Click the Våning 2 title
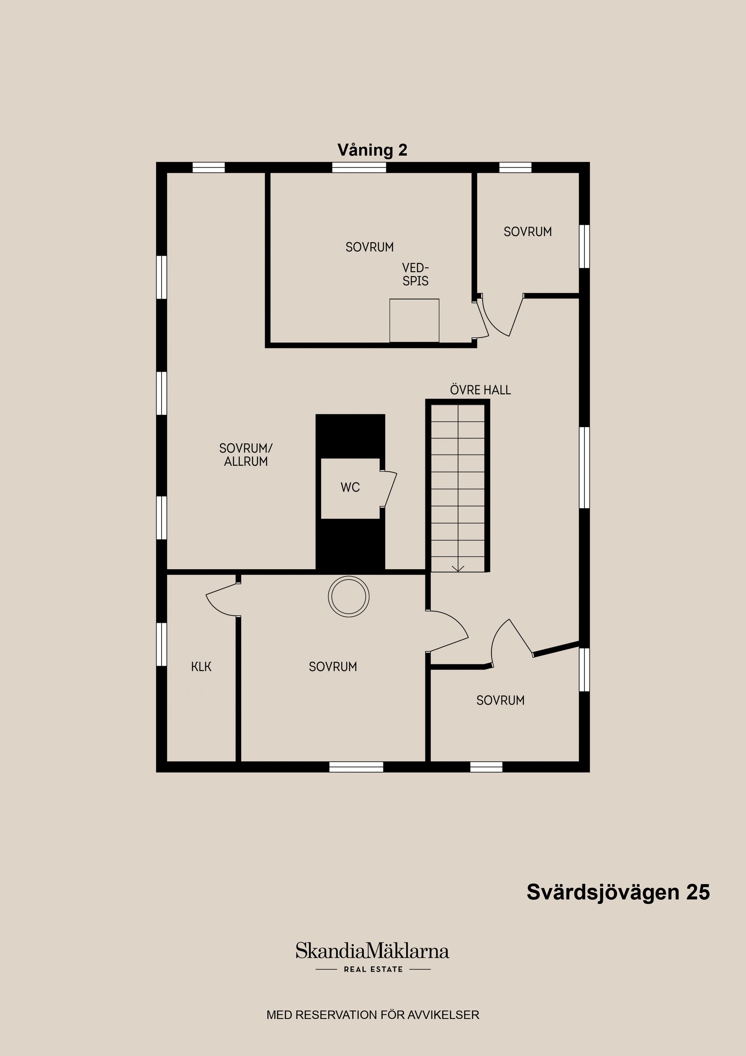pos(372,150)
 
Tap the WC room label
pos(350,488)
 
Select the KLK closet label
pos(201,667)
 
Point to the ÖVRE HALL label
pos(480,390)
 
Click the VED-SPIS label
pos(415,274)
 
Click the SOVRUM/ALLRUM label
pos(246,455)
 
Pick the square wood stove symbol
pos(414,320)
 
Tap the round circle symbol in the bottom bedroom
pos(349,596)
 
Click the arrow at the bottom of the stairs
pos(458,568)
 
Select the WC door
pos(390,490)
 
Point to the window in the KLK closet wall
pos(161,644)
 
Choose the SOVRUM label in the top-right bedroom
pos(528,232)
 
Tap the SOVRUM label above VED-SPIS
pos(370,247)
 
